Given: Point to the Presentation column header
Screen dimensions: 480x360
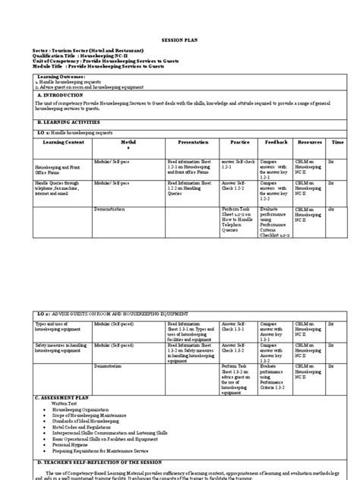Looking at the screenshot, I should click(x=192, y=142).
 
